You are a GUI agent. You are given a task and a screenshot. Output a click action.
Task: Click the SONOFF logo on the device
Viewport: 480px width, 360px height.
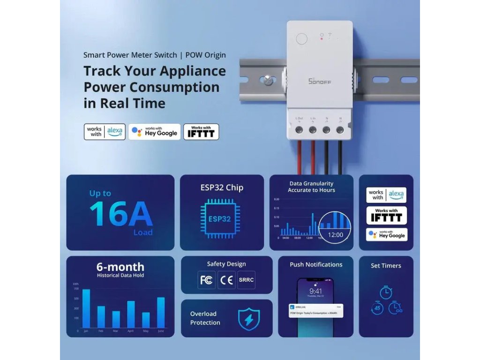(320, 81)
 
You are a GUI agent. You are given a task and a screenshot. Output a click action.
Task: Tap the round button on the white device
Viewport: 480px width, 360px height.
(302, 38)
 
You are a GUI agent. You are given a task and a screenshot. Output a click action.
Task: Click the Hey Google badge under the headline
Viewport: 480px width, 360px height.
(154, 132)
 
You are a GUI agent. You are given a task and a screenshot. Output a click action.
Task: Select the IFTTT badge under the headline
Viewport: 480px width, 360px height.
(201, 132)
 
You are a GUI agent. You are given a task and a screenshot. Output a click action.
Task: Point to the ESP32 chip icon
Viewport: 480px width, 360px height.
(219, 218)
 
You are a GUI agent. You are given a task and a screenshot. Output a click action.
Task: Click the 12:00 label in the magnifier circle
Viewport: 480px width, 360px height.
(335, 235)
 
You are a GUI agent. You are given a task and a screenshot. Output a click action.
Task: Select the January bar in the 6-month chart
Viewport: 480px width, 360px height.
(86, 308)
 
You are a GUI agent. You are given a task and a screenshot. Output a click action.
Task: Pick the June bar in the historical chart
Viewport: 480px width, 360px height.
(161, 313)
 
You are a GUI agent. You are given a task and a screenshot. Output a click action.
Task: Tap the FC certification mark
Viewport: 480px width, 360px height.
(206, 280)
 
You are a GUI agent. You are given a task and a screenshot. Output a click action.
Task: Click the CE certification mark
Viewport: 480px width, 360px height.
(226, 280)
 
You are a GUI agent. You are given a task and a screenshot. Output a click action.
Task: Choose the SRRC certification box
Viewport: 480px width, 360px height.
(246, 280)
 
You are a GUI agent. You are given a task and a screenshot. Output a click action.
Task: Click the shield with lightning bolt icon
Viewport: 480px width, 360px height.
(248, 319)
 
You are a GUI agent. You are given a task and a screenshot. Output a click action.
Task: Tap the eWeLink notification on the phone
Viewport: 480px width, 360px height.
(315, 310)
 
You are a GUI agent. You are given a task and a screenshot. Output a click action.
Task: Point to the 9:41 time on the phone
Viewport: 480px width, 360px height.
(315, 291)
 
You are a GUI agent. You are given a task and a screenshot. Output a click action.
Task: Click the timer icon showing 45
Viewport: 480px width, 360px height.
(377, 308)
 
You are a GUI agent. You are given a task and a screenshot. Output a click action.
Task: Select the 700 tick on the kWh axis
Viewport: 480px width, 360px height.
(76, 289)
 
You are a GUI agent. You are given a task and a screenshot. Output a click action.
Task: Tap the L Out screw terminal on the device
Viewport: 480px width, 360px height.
(299, 129)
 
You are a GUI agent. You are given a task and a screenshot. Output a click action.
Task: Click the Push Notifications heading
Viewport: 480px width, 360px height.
(316, 264)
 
